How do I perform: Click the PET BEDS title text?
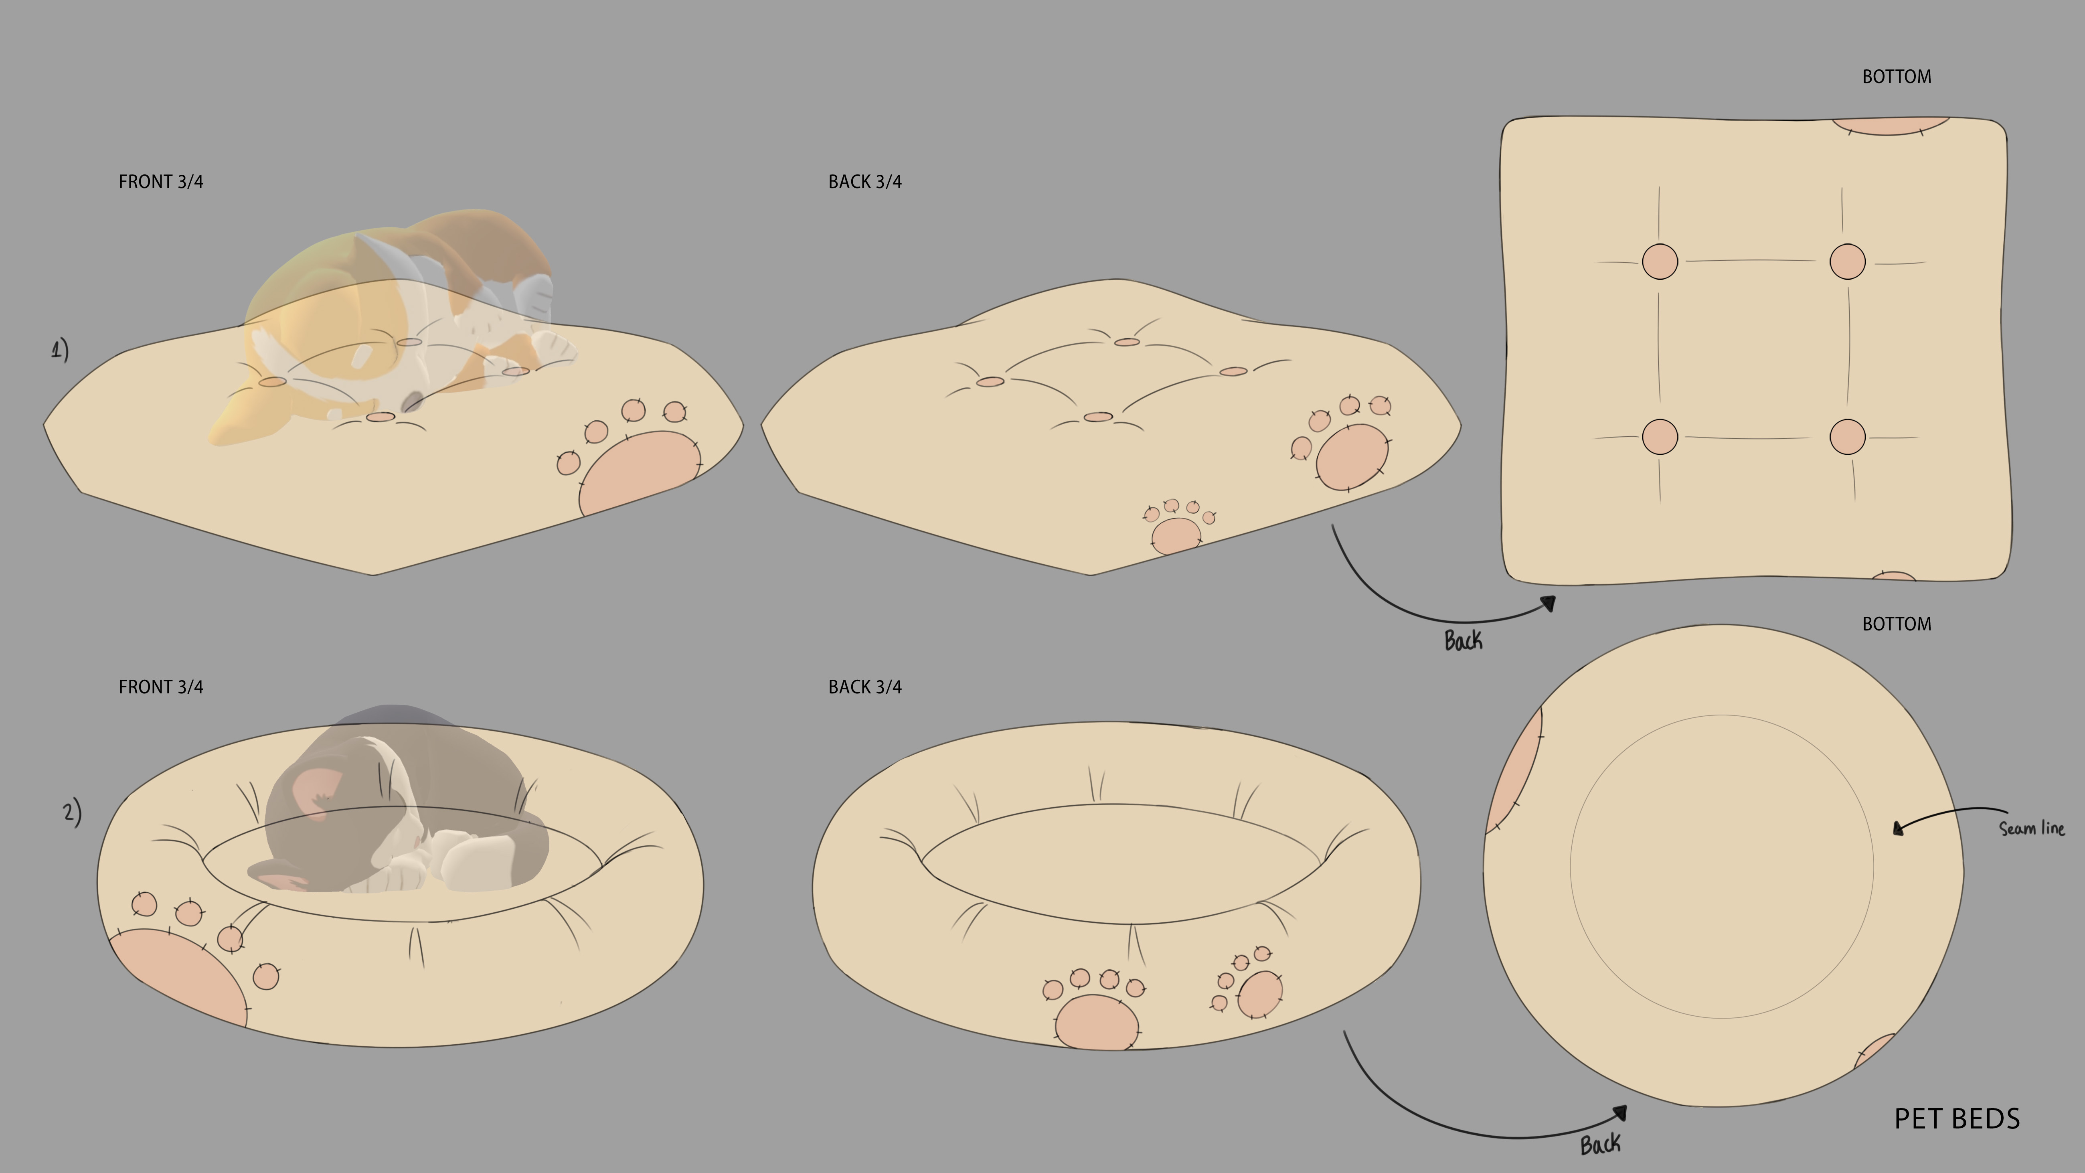[x=1957, y=1119]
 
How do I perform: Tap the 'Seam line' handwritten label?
[x=2032, y=828]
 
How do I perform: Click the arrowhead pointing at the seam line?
[x=1898, y=827]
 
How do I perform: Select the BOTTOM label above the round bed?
[x=1897, y=624]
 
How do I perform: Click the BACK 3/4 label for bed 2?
[x=864, y=687]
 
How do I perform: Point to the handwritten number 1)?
[x=60, y=350]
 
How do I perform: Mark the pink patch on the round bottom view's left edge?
[x=1512, y=773]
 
